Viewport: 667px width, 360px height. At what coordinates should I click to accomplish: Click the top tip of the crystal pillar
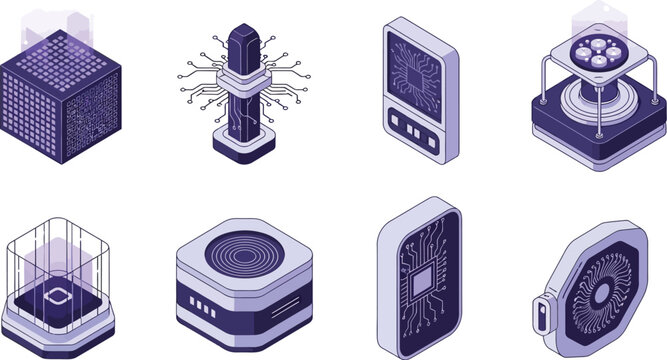[x=241, y=30]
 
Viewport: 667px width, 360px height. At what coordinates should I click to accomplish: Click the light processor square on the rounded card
[x=420, y=277]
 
